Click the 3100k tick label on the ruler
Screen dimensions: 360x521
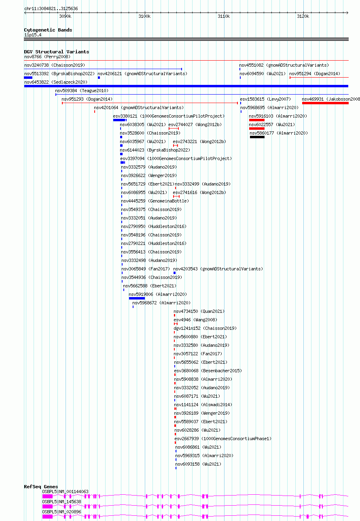click(144, 16)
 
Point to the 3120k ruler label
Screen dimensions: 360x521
click(303, 16)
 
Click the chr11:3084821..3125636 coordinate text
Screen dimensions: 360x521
click(51, 8)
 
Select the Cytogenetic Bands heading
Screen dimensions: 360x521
click(48, 30)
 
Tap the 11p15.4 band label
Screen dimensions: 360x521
click(33, 35)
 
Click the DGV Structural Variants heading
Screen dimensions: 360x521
click(57, 52)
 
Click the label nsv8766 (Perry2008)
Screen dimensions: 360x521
click(47, 57)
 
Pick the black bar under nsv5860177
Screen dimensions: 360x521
click(257, 137)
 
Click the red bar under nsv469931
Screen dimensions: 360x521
click(325, 103)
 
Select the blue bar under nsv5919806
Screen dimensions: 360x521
click(137, 298)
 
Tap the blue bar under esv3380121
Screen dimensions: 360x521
click(119, 120)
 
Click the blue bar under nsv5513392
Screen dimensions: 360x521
click(28, 78)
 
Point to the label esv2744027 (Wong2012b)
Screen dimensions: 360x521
click(195, 124)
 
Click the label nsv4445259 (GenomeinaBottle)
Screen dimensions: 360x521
click(155, 201)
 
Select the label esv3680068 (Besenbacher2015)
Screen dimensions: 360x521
click(208, 371)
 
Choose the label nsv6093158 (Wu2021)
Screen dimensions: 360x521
click(198, 464)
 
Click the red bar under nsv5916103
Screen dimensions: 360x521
click(257, 120)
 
